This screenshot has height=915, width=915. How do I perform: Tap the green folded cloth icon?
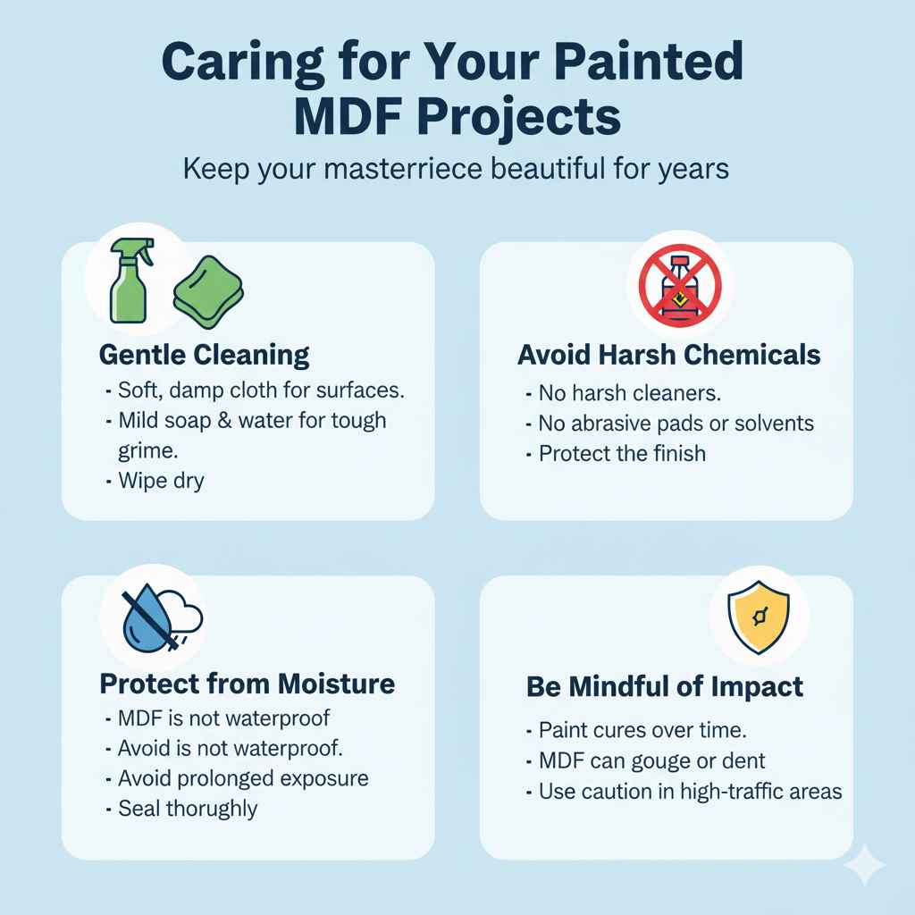208,287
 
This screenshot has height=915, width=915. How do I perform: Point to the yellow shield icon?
759,617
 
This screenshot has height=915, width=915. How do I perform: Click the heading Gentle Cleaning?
204,355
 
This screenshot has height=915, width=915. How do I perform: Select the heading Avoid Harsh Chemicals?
668,355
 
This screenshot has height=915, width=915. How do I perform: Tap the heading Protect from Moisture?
247,684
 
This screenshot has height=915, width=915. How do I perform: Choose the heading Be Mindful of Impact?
665,687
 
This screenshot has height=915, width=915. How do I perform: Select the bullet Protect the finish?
622,453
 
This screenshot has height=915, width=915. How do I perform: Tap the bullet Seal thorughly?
188,810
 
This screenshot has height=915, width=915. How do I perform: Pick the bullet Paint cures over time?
642,731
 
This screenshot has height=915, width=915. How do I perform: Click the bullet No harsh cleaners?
629,392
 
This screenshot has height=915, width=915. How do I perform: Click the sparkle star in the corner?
864,866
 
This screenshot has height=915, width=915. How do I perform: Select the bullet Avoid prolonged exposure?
243,778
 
